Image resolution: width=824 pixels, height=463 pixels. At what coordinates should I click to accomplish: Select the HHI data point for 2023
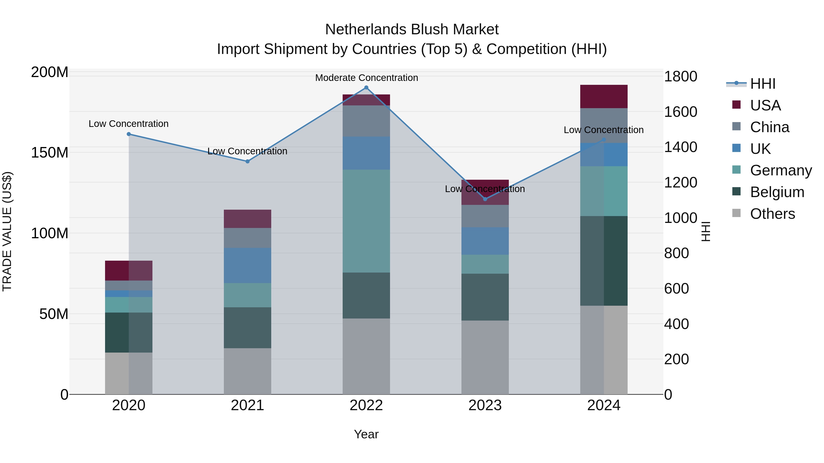click(x=485, y=199)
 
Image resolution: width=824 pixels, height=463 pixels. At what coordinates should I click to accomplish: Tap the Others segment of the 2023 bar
click(x=485, y=357)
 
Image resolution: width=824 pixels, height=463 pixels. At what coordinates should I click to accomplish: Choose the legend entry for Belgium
click(x=777, y=192)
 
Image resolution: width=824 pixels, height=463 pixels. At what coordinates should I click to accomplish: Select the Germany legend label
click(x=781, y=171)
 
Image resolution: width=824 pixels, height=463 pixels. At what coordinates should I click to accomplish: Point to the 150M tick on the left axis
click(x=50, y=153)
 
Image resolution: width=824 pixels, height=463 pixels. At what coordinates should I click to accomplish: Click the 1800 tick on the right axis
click(x=680, y=77)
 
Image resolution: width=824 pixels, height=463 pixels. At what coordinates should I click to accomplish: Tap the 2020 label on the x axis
click(x=129, y=405)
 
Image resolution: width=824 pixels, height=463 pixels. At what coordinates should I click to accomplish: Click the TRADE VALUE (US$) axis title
click(x=7, y=231)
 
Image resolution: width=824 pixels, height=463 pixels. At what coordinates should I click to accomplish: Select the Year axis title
click(x=366, y=434)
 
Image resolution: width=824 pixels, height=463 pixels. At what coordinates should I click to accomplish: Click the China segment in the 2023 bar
click(x=485, y=216)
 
